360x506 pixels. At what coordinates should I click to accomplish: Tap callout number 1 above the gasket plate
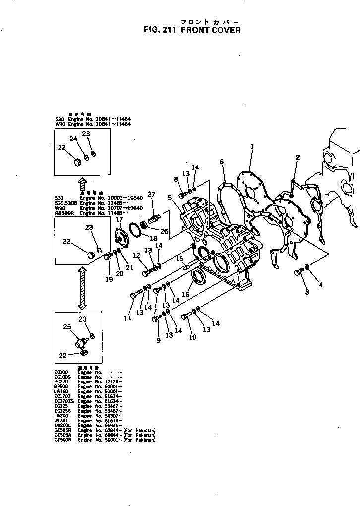[252, 147]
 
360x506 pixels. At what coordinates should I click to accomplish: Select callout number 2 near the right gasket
[298, 157]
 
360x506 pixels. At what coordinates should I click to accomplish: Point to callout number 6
[222, 161]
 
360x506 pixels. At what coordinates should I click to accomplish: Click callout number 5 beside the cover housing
[170, 197]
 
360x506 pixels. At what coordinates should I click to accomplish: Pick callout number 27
[152, 194]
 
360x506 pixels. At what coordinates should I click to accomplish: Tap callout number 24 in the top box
[73, 139]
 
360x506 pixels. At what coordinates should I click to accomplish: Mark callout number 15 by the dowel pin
[180, 259]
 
